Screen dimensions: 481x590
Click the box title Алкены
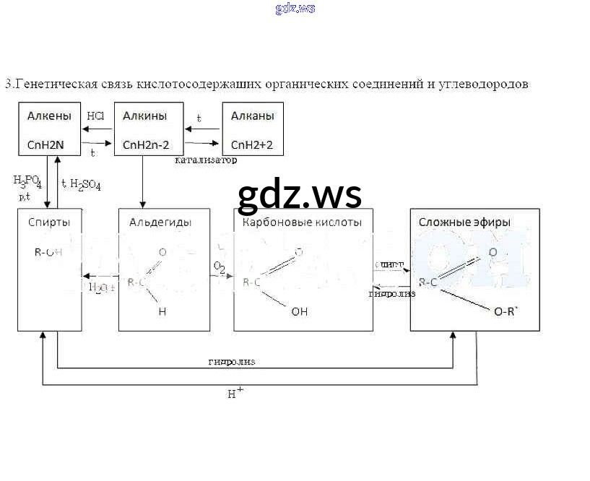click(50, 116)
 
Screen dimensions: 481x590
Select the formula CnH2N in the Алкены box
click(46, 144)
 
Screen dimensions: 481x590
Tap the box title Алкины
click(144, 116)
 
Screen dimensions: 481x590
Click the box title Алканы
click(252, 116)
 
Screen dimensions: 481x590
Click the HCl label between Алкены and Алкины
click(96, 116)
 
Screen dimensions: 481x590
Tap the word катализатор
click(206, 160)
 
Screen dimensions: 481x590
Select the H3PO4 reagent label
click(28, 181)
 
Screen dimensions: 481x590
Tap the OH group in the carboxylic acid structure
click(299, 312)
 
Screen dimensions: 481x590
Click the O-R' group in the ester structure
click(506, 312)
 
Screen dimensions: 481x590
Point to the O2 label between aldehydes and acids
click(219, 267)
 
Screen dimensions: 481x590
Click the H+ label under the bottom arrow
click(235, 394)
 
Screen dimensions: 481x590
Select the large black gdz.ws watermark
click(299, 194)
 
